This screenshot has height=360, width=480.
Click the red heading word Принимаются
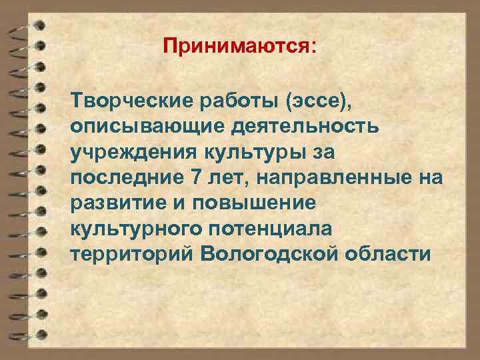[x=237, y=47]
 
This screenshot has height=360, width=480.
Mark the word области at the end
[x=393, y=254]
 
